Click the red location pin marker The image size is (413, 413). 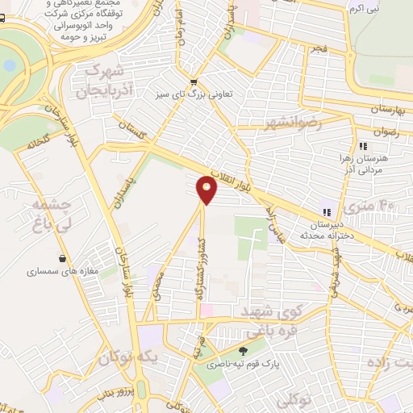[x=207, y=190]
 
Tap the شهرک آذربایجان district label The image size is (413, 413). [x=103, y=79]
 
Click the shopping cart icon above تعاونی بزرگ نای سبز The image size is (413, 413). [x=193, y=82]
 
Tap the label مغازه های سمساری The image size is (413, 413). [x=62, y=272]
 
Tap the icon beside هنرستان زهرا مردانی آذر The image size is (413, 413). [x=364, y=146]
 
